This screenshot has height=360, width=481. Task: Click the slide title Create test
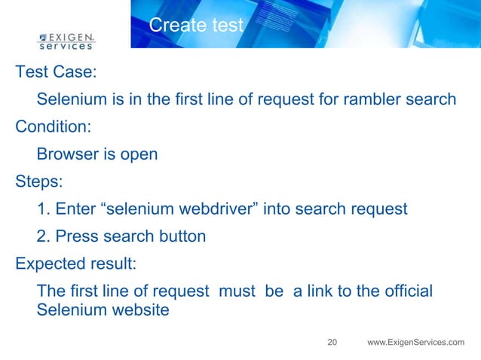[196, 26]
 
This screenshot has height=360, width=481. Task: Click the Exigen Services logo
[66, 40]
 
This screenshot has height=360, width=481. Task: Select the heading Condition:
[57, 127]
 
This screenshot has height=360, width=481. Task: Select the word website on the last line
[139, 309]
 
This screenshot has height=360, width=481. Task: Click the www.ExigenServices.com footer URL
[415, 343]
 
